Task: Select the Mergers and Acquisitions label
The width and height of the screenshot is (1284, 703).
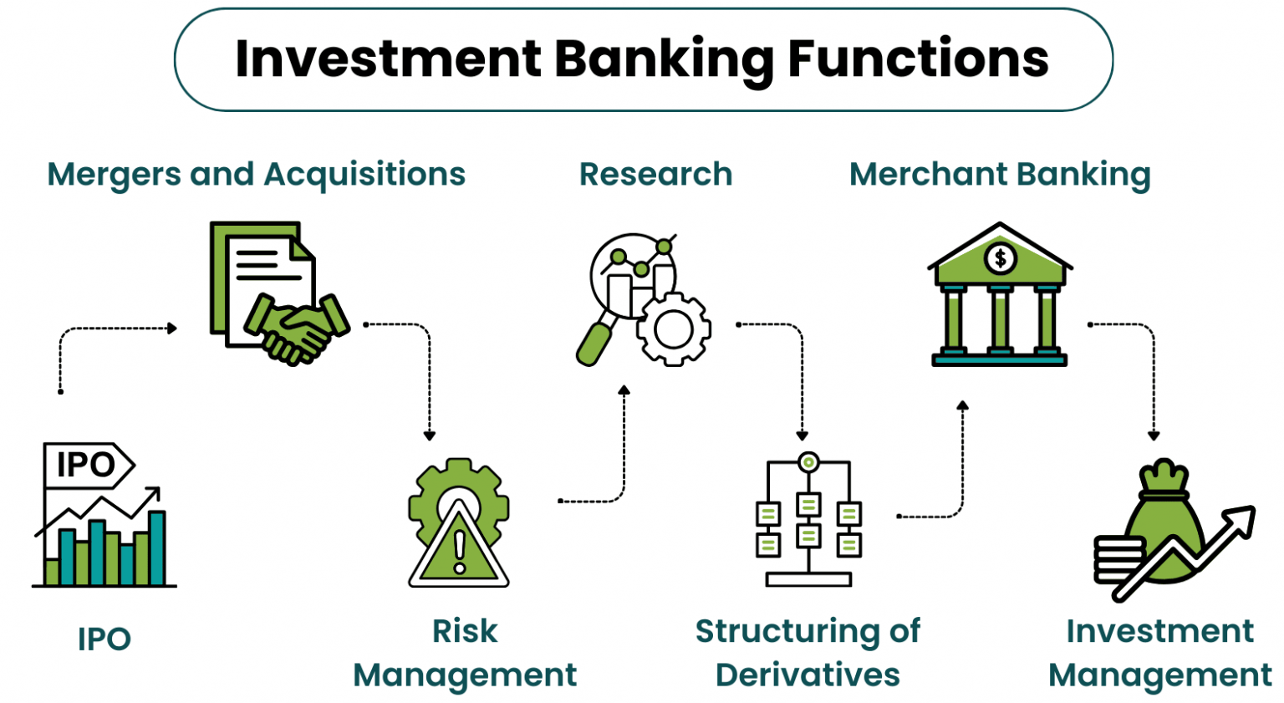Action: (x=256, y=175)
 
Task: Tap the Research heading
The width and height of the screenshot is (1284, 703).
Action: (x=655, y=175)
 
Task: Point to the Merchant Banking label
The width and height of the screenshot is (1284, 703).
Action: (x=1000, y=175)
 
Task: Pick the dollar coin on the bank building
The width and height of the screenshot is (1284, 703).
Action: (x=1000, y=258)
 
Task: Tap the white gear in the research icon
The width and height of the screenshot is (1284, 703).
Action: (x=673, y=329)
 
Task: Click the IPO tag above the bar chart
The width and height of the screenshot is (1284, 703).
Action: (x=87, y=465)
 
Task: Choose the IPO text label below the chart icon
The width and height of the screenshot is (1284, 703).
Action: (x=104, y=639)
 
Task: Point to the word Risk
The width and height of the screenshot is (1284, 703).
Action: (x=465, y=631)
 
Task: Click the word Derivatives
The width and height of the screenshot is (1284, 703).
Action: (x=808, y=675)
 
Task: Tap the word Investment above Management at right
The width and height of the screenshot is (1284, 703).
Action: (x=1159, y=631)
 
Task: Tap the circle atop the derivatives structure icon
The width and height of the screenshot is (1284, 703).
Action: (x=808, y=462)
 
